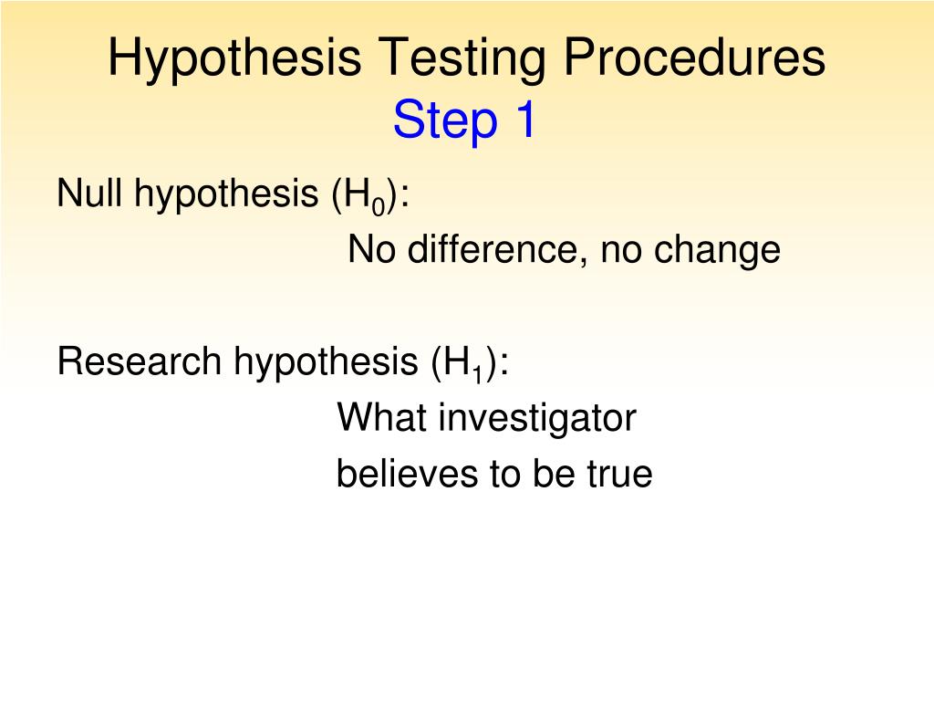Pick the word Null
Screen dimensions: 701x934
[x=89, y=194]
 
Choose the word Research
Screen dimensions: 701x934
[x=140, y=361]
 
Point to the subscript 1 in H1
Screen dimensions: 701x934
[x=477, y=371]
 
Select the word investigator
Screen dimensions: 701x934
[x=537, y=420]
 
